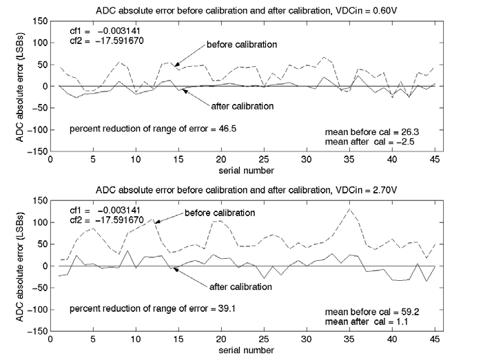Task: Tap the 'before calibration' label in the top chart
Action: pos(242,45)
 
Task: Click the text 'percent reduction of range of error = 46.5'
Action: pos(153,129)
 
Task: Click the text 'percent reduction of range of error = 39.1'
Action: pos(153,308)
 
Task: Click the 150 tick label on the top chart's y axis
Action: pos(39,22)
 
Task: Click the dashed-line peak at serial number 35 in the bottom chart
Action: pos(349,209)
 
